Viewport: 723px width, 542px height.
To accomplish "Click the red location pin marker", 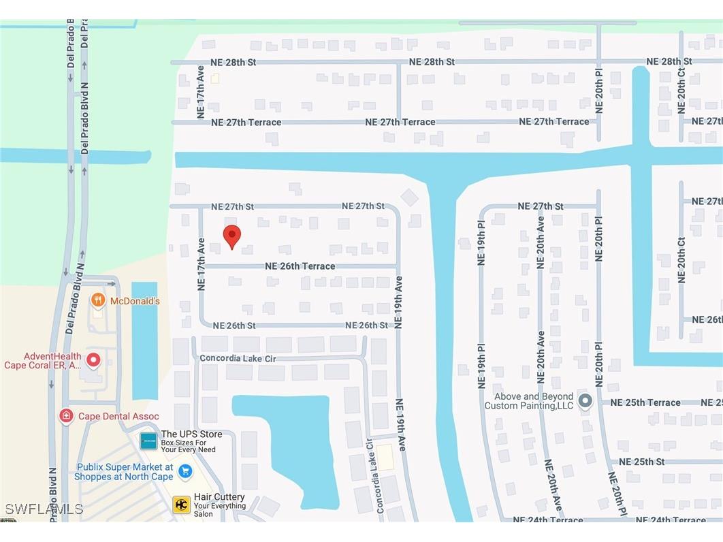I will [x=232, y=236].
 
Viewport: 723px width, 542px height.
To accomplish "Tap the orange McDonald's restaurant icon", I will [x=98, y=300].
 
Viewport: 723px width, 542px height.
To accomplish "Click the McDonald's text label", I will [x=135, y=301].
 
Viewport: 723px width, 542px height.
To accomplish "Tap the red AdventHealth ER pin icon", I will [x=93, y=360].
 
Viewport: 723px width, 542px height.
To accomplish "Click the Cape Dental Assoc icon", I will [x=66, y=415].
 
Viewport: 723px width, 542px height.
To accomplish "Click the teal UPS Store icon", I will [x=148, y=441].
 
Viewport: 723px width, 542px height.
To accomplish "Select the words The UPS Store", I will [x=191, y=434].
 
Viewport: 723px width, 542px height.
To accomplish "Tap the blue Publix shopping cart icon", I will [x=184, y=471].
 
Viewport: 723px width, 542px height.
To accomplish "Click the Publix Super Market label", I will [x=125, y=472].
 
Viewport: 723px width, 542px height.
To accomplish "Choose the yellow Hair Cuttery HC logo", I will [x=181, y=505].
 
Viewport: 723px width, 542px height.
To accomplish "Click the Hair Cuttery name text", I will [x=219, y=497].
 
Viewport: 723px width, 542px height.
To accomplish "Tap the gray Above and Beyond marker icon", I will [x=585, y=400].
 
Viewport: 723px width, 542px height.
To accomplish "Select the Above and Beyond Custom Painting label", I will [x=530, y=401].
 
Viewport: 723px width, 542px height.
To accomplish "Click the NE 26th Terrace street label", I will [x=300, y=266].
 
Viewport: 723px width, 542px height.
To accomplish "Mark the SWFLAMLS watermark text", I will [x=44, y=509].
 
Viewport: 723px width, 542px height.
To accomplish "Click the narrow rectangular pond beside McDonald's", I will [x=144, y=340].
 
